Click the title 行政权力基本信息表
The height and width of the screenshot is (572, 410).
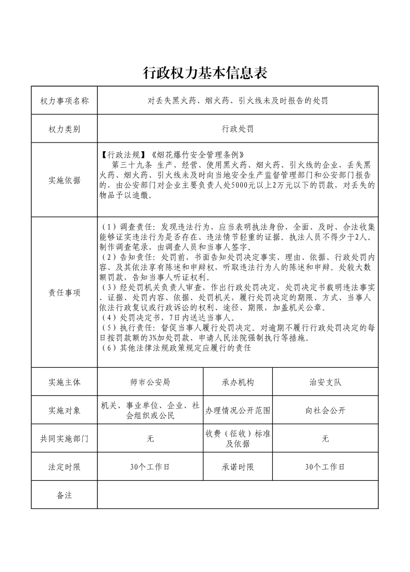[x=205, y=73]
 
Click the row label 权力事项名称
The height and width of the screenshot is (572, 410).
[x=65, y=100]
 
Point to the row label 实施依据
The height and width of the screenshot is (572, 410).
[x=65, y=180]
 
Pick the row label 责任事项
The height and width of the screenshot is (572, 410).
[x=65, y=292]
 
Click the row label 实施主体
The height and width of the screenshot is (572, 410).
[x=65, y=383]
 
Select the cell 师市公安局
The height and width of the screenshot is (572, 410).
[x=150, y=383]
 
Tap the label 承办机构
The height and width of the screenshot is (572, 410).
[x=238, y=383]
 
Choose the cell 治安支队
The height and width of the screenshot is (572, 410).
[x=325, y=383]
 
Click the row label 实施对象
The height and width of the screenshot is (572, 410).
[x=65, y=411]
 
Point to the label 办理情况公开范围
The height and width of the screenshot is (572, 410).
[x=238, y=411]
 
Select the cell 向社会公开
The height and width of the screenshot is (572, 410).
[x=325, y=411]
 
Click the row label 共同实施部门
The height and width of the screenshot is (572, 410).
[x=65, y=439]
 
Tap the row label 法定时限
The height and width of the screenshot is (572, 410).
[x=65, y=467]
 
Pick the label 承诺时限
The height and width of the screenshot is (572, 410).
[x=238, y=467]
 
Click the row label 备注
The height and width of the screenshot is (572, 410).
[x=65, y=495]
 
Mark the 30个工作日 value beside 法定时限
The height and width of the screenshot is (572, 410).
[x=150, y=467]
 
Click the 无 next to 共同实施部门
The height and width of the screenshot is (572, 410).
[x=150, y=439]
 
